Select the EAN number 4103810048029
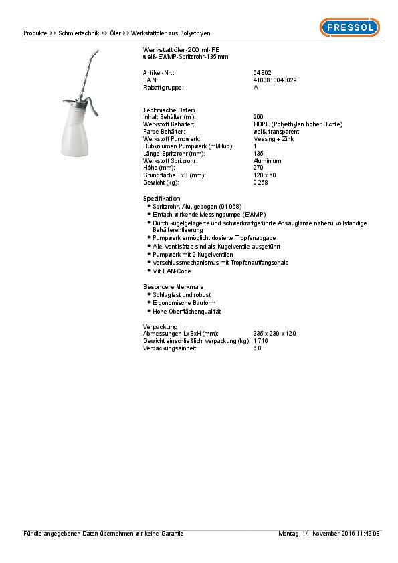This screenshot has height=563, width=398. [x=275, y=80]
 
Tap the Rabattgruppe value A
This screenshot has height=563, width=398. [x=256, y=87]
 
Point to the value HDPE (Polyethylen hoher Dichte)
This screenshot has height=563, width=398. [x=298, y=124]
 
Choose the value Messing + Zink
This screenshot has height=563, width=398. [x=274, y=139]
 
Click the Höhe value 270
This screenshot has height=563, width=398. [x=258, y=168]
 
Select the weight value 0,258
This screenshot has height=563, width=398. [x=260, y=183]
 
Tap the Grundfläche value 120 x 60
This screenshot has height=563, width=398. [x=264, y=175]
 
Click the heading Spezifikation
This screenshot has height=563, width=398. [x=161, y=199]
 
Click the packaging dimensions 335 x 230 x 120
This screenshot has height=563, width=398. [x=274, y=333]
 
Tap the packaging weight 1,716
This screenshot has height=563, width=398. [x=260, y=341]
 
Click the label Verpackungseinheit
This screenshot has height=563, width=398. [x=171, y=348]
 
